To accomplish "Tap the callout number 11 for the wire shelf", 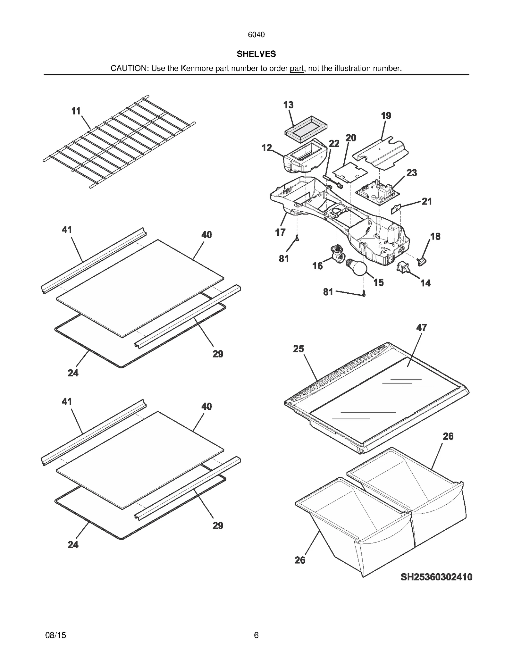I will pos(76,111).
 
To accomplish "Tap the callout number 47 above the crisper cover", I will pos(421,328).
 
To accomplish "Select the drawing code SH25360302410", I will pos(436,577).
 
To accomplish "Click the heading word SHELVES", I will pos(256,54).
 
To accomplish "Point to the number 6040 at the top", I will pos(256,35).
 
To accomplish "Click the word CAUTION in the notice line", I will pos(129,68).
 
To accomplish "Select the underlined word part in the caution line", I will pos(297,68).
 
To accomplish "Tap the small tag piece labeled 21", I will pos(396,209).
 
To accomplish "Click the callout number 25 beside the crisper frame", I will pos(299,349).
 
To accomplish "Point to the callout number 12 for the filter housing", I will pos(267,148).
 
